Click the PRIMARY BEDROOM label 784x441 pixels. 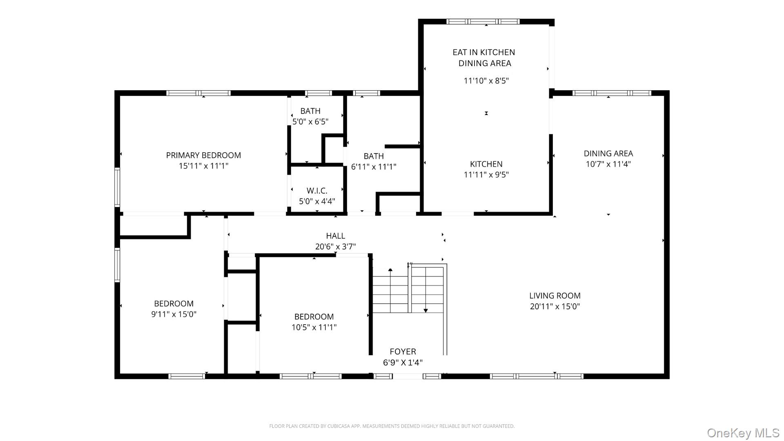coord(203,155)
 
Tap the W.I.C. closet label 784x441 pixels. coord(317,191)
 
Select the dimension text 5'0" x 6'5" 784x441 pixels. coord(310,122)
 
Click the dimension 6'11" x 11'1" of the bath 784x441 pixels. coord(374,167)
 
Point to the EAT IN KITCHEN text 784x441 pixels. coord(483,52)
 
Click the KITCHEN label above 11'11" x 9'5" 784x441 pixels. coord(486,164)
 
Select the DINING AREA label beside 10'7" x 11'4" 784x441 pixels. coord(608,154)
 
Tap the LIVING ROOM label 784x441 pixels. coord(555,296)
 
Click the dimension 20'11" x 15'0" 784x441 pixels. coord(555,306)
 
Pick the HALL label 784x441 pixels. coord(335,236)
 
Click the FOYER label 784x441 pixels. coord(403,352)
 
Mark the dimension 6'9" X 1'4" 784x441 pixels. coord(403,363)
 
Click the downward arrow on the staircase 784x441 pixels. coord(425,310)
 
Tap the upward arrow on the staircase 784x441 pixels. coord(390,270)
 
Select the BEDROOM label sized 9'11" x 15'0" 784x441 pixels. coord(174,304)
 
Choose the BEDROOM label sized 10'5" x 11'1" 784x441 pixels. coord(314,317)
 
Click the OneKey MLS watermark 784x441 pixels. coord(743,433)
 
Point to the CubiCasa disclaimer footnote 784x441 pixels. coord(392,426)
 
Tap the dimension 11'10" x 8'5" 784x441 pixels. coord(486,81)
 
